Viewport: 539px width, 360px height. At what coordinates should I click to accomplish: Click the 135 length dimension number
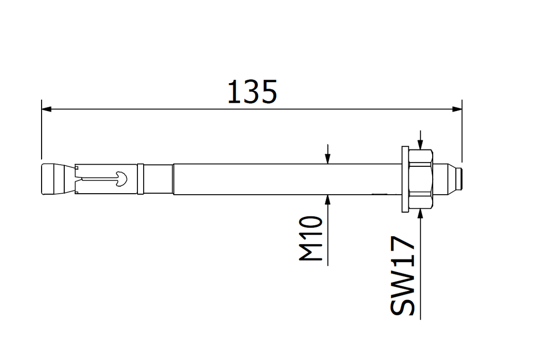coord(252,92)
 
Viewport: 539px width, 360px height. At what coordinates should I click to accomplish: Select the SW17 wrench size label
coord(403,276)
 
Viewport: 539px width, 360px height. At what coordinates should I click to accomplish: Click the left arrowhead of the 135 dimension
coord(46,109)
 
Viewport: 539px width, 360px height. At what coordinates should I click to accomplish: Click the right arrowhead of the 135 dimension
coord(457,109)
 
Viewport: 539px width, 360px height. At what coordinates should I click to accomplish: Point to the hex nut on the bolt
coord(421,179)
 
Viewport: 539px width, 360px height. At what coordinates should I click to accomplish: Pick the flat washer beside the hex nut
coord(404,179)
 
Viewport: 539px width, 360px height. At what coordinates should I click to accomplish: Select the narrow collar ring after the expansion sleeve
coord(141,179)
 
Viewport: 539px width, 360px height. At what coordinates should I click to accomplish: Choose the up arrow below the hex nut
coord(421,213)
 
